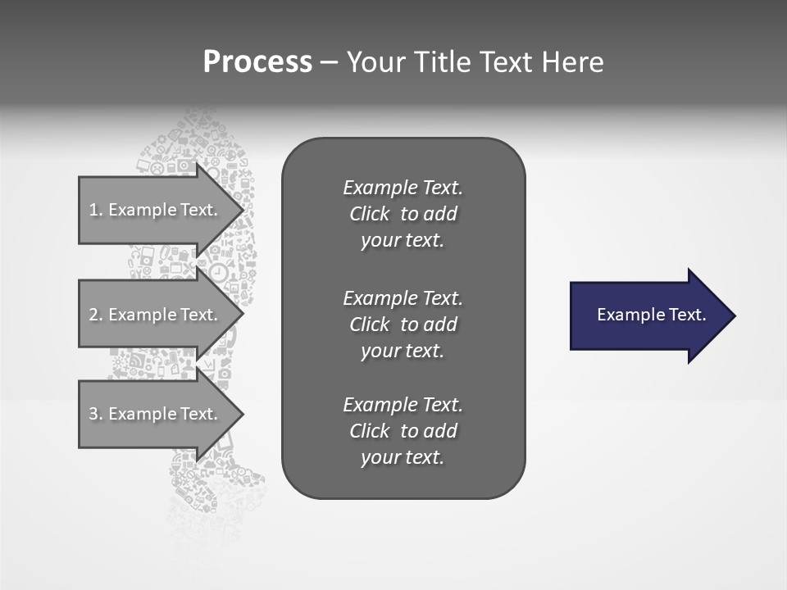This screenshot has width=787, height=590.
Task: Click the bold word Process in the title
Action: pyautogui.click(x=257, y=62)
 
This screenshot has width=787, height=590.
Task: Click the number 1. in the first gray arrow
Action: pyautogui.click(x=96, y=210)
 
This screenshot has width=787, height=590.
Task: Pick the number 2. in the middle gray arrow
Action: pyautogui.click(x=96, y=315)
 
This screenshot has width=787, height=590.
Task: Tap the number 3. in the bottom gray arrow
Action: pyautogui.click(x=96, y=414)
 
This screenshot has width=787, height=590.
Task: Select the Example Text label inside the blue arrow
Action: pyautogui.click(x=651, y=315)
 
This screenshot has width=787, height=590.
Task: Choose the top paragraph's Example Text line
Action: pyautogui.click(x=403, y=188)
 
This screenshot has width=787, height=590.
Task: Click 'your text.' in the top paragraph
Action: pyautogui.click(x=403, y=241)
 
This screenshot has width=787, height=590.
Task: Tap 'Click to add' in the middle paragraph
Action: pyautogui.click(x=403, y=324)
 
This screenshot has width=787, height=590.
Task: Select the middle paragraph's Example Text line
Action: pyautogui.click(x=403, y=297)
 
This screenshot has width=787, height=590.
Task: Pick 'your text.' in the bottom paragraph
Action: pyautogui.click(x=403, y=458)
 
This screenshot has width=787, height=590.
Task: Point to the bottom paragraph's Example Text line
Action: pyautogui.click(x=403, y=405)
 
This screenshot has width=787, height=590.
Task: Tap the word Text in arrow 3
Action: pyautogui.click(x=199, y=414)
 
